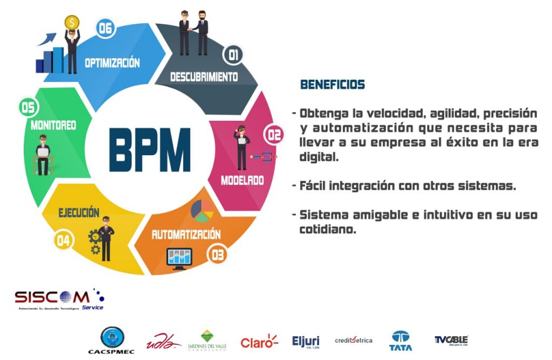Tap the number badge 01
coord(233,54)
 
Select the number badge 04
coord(63,240)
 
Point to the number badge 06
coord(105,28)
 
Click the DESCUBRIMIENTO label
coord(204,77)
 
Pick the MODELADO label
coord(242,180)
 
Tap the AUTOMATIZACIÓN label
coord(186,234)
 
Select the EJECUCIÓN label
coord(79,212)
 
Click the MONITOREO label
coord(53,126)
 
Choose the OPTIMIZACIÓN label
coord(112,63)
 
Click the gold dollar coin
coord(72,23)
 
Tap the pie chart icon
coord(202,211)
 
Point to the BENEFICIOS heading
coord(332,85)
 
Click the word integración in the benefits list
coord(360,186)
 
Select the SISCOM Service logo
coord(59,299)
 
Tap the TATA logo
coord(401,341)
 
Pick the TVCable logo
coord(451,340)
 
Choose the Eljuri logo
coord(306,342)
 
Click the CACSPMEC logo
coord(112,341)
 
